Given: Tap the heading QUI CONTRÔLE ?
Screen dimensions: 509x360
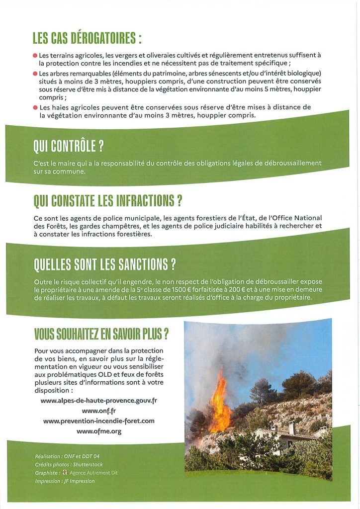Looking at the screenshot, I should click(x=69, y=146).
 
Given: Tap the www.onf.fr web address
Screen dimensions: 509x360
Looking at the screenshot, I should click(x=98, y=411).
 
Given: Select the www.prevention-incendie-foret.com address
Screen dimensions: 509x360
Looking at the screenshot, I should click(x=98, y=421).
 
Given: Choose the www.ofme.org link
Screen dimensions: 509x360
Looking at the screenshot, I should click(x=98, y=431).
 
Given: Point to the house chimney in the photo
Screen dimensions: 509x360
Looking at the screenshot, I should click(x=292, y=426).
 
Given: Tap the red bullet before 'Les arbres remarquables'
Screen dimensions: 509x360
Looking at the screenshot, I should click(x=35, y=74).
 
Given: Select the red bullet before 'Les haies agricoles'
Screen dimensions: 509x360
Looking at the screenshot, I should click(x=35, y=107).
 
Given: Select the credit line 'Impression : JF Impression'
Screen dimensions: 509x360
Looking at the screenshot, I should click(x=65, y=481).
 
